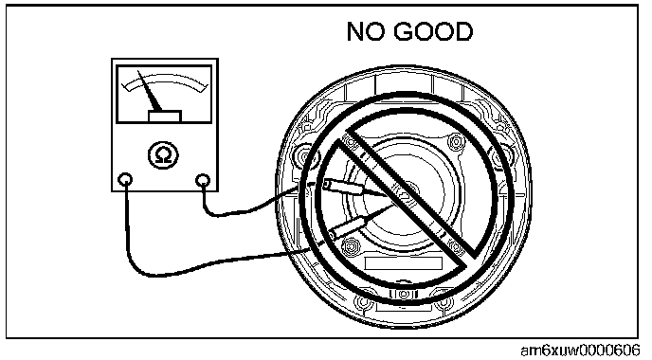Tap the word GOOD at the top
tap(433, 31)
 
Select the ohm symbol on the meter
tap(163, 155)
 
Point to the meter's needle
tap(150, 92)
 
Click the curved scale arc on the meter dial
tap(166, 79)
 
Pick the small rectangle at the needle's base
tap(165, 116)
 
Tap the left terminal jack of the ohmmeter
tap(125, 180)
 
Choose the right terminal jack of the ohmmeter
tap(203, 180)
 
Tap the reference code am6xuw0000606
tap(580, 350)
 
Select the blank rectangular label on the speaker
tap(403, 263)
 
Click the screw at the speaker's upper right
tap(456, 142)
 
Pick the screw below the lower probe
tap(351, 246)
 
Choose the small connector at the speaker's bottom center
tap(403, 295)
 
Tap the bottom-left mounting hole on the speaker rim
tap(363, 301)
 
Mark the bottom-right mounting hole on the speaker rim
tap(444, 301)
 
